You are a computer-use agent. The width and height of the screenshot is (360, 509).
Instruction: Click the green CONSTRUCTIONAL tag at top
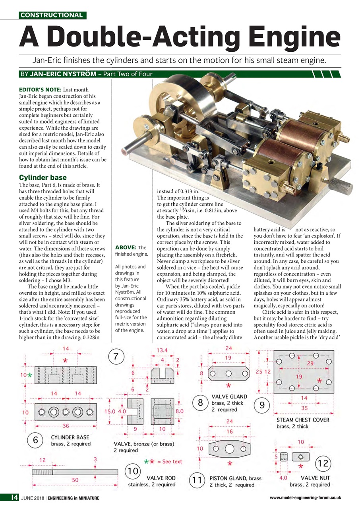(52, 16)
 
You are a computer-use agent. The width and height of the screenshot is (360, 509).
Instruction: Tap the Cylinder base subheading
(43, 177)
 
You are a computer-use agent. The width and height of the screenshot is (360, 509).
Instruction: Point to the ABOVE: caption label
(125, 247)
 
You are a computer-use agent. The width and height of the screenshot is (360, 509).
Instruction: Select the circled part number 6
(35, 440)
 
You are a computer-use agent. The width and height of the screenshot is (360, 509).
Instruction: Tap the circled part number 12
(322, 463)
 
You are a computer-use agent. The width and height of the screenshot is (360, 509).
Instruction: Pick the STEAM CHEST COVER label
(303, 420)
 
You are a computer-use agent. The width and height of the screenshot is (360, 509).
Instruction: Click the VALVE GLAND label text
(229, 396)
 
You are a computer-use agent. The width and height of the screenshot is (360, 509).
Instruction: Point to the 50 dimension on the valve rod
(74, 480)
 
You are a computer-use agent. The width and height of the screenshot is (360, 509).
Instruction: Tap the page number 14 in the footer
(14, 497)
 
